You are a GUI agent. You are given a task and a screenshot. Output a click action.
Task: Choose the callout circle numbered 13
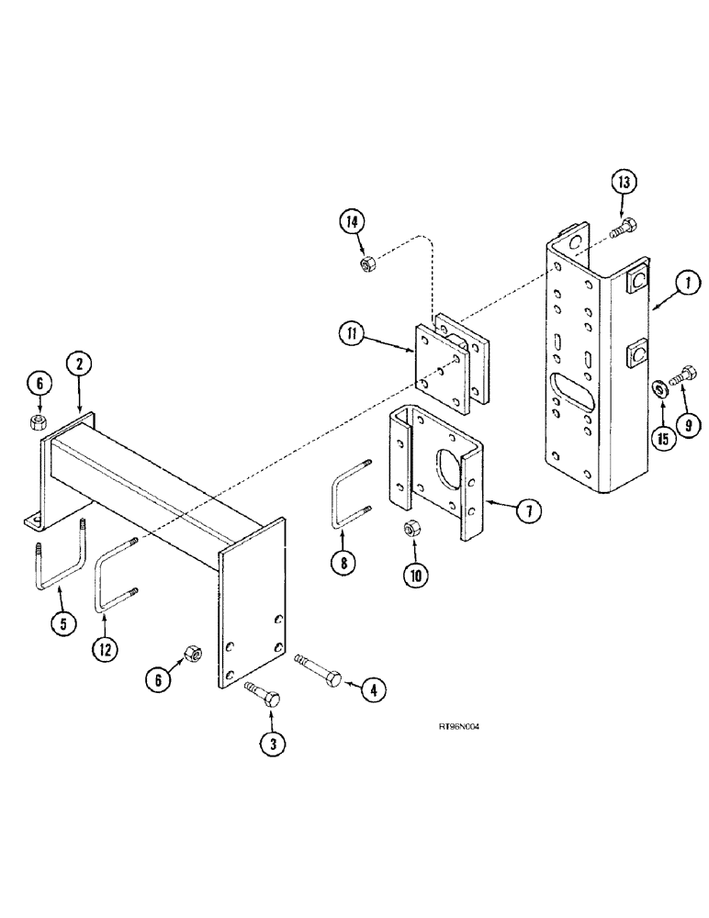pos(625,183)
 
